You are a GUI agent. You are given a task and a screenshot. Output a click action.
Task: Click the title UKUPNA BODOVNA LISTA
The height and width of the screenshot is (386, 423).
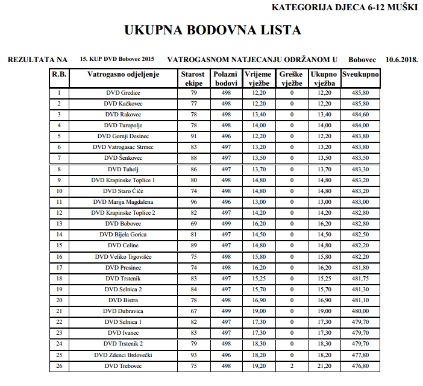coord(212,30)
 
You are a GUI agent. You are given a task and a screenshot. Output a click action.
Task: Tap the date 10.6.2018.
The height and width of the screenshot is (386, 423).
coord(403,60)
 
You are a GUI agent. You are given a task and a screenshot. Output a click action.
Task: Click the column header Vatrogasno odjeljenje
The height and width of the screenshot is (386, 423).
coord(123,74)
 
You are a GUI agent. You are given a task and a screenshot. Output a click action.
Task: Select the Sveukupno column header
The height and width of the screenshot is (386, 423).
coord(360,74)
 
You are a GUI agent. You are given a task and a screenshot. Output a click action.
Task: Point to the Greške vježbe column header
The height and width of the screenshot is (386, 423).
coord(292,78)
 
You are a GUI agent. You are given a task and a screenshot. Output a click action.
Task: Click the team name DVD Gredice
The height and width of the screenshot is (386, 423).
coord(123,93)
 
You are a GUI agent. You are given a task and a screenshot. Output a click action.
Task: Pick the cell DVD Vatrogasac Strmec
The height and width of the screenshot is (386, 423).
coord(123,147)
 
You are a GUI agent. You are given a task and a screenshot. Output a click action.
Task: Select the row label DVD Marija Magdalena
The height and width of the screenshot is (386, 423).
coord(123,202)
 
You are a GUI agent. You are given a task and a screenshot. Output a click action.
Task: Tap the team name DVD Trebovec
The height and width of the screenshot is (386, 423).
coord(123,366)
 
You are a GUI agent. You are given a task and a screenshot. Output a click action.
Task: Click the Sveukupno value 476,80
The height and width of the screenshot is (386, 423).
coord(360,366)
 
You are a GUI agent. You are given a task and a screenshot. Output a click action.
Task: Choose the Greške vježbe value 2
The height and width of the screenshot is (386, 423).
coord(292,366)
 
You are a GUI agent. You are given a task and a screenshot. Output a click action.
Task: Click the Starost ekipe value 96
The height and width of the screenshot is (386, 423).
coord(194,202)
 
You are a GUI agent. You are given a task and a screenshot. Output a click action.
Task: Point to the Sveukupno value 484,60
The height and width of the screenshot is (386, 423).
coord(360,115)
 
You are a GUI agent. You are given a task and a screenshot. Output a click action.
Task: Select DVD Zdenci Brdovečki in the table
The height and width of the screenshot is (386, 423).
coord(123,355)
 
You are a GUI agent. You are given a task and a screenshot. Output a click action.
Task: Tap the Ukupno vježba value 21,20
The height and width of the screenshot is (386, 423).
coord(324,366)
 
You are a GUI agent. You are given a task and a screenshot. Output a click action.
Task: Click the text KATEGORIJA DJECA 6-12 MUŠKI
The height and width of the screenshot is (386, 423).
coord(345,8)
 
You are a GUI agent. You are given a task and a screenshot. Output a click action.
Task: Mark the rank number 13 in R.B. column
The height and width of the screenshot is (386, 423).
coord(59,224)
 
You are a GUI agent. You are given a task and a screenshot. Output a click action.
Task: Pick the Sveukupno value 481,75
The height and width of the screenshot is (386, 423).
coord(360,279)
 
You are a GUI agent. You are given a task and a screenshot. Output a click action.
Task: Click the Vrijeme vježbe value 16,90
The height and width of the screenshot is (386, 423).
coord(259,300)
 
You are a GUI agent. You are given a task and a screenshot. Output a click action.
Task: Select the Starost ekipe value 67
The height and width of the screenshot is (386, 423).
coord(194,311)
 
